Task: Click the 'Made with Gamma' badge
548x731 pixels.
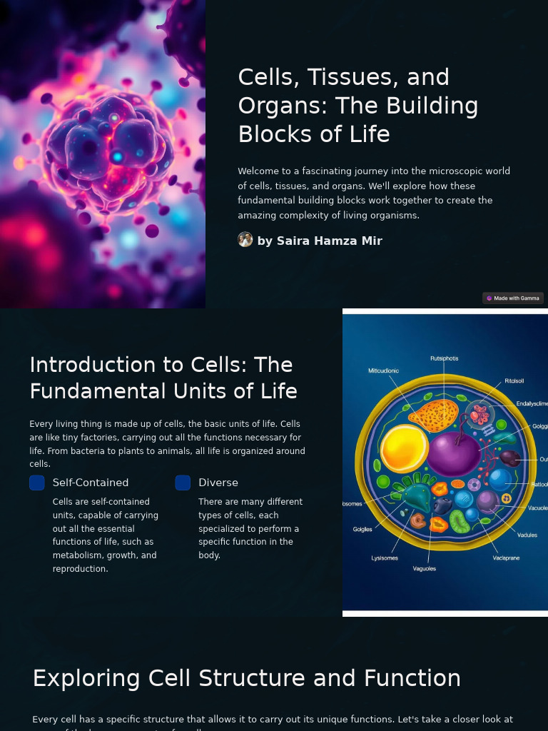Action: (x=513, y=298)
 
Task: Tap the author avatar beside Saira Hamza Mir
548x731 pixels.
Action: (x=245, y=240)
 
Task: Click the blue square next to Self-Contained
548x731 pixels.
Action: (x=37, y=483)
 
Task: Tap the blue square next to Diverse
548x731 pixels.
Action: (x=183, y=483)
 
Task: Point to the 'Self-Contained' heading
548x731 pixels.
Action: (x=91, y=483)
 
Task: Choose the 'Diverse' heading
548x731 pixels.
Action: (x=218, y=483)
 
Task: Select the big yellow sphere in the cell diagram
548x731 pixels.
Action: (x=404, y=448)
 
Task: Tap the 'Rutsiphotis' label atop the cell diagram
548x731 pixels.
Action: (x=445, y=358)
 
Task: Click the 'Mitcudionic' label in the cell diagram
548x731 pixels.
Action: (x=384, y=371)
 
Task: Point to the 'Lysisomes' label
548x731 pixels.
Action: (x=385, y=558)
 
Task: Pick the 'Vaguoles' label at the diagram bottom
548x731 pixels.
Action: (x=425, y=569)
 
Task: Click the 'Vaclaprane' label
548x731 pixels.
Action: (x=506, y=558)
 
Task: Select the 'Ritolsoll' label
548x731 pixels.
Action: (x=514, y=381)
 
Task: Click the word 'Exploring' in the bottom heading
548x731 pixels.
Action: (x=86, y=678)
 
